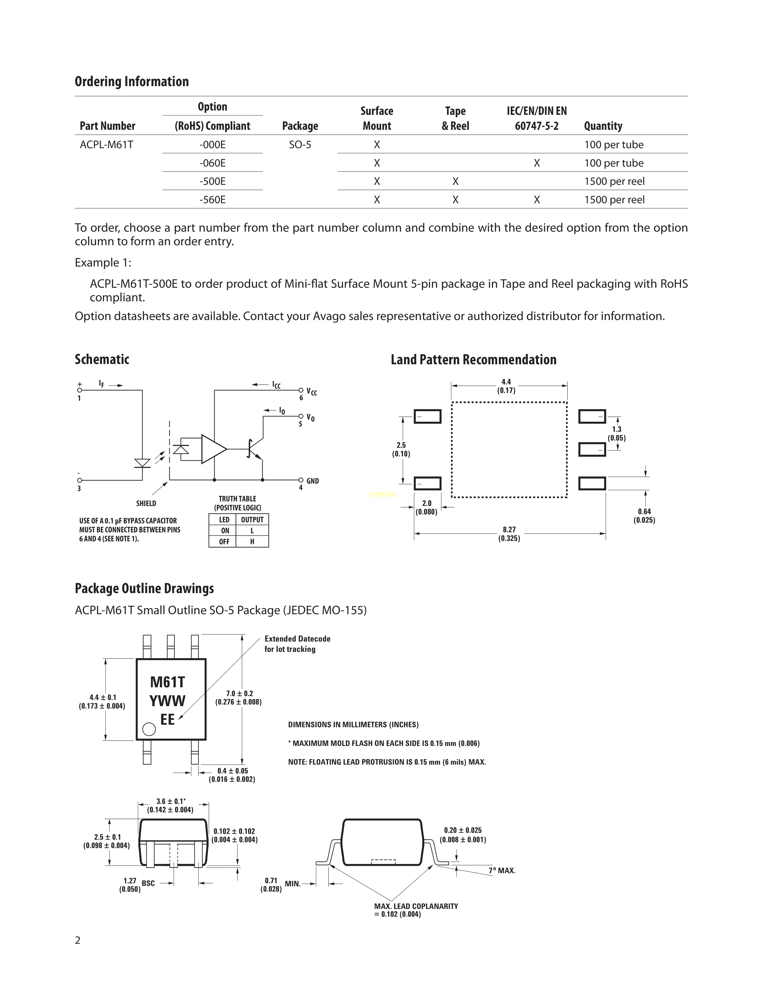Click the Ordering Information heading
tap(132, 81)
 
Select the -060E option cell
tap(212, 163)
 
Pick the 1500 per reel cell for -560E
tap(614, 200)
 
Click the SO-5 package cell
tap(300, 145)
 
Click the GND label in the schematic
tap(312, 481)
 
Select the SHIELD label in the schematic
tap(146, 503)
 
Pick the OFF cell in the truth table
tap(224, 541)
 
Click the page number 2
tap(78, 940)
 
